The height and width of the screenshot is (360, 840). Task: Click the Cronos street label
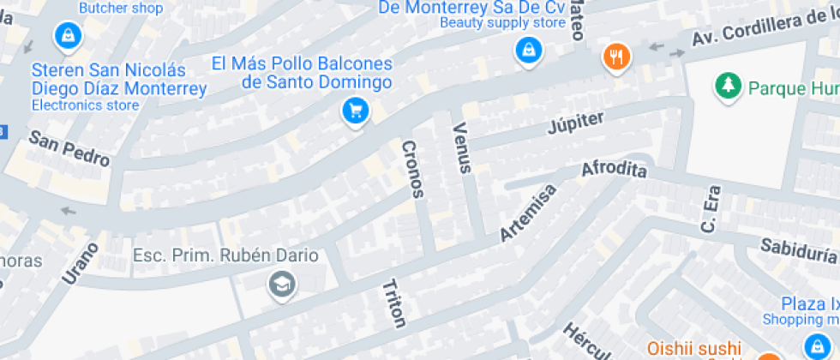pos(412,169)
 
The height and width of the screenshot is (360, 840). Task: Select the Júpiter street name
pos(576,123)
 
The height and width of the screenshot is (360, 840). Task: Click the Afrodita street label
pos(614,170)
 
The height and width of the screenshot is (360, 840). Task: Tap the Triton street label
pos(393,303)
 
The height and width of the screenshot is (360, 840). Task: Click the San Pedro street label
pos(69,148)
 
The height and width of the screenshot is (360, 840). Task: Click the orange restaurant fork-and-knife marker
pos(616,57)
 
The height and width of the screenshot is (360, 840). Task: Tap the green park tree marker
pos(728,86)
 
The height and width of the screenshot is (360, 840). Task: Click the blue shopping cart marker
pos(355,111)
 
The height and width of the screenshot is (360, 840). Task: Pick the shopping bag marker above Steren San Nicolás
pos(66,36)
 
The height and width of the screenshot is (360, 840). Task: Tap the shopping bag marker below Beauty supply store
pos(529,50)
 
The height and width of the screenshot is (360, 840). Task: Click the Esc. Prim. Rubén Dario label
pos(225,255)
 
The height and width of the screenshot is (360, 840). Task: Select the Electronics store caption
pos(85,105)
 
